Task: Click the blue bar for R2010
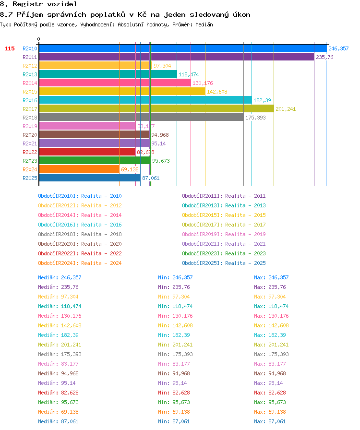[x=183, y=48]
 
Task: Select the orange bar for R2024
[x=79, y=169]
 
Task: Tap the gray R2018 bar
[x=141, y=118]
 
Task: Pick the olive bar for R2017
[x=156, y=109]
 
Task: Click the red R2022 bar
[x=87, y=152]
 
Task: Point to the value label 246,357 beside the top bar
[x=338, y=48]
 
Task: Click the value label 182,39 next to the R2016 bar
[x=262, y=100]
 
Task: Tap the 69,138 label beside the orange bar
[x=130, y=169]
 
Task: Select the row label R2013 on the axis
[x=30, y=74]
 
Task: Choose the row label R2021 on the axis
[x=30, y=143]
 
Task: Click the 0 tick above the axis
[x=39, y=39]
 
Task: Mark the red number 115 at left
[x=10, y=48]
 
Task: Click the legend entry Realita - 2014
[x=101, y=215]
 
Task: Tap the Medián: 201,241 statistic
[x=60, y=345]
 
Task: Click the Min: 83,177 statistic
[x=174, y=364]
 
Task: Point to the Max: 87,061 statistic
[x=270, y=421]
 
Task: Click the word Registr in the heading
[x=27, y=4]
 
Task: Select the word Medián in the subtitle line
[x=204, y=24]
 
